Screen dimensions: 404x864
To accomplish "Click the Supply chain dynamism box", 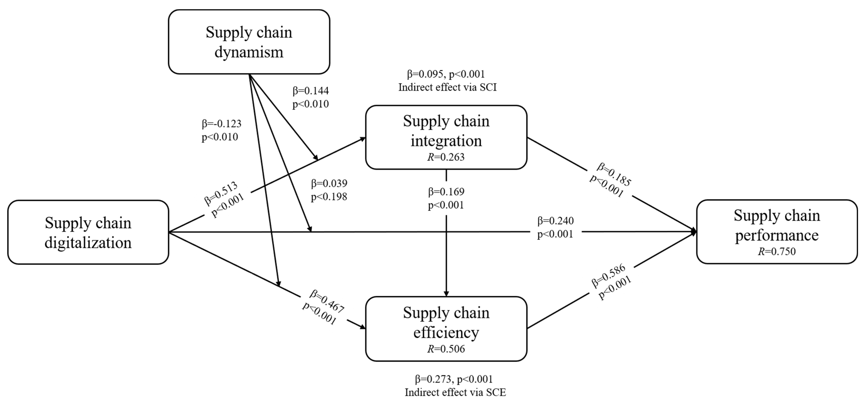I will tap(249, 42).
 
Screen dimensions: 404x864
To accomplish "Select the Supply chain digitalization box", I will tap(88, 232).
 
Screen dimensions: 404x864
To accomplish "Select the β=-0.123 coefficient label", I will tap(221, 124).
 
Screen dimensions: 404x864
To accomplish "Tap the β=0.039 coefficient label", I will tap(329, 183).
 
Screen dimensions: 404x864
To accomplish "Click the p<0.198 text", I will tap(329, 197).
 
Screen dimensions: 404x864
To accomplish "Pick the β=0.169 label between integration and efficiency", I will tap(446, 192).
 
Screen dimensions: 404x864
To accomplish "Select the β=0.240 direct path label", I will tap(556, 221).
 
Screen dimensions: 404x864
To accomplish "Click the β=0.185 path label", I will tap(614, 174).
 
